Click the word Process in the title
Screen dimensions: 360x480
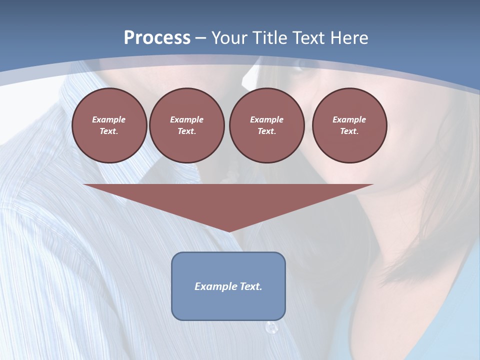point(157,38)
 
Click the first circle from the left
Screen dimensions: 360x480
point(109,125)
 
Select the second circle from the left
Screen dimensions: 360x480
point(186,125)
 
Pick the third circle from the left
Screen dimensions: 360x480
point(266,125)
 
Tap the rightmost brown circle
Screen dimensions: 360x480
point(349,125)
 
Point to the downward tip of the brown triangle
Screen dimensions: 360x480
point(229,231)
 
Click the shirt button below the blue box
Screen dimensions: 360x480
point(271,328)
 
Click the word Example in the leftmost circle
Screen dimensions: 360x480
point(109,119)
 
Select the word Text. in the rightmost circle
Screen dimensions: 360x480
point(349,131)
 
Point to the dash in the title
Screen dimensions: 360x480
point(201,38)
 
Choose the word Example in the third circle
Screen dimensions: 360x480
point(266,119)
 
